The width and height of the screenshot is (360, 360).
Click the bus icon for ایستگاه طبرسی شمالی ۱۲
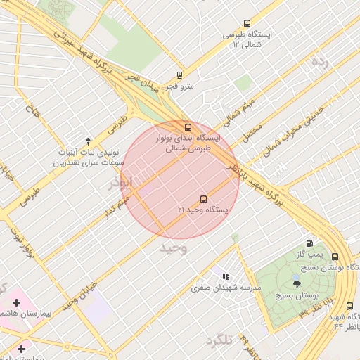[x=246, y=23]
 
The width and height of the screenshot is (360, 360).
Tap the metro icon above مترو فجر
[x=180, y=75]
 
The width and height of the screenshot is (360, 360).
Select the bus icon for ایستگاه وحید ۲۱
[x=203, y=199]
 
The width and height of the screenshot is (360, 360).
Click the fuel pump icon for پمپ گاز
[x=310, y=243]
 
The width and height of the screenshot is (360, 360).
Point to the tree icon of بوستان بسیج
[x=297, y=284]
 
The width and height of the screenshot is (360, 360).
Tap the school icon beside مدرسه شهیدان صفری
[x=226, y=277]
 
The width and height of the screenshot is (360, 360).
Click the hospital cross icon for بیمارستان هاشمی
[x=17, y=302]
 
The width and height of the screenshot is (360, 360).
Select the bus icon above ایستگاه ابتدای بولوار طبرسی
[x=187, y=127]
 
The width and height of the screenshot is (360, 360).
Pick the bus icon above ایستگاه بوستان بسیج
[x=335, y=257]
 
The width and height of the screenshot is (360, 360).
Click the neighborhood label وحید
[x=173, y=248]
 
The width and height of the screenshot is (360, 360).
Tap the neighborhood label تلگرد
[x=219, y=341]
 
